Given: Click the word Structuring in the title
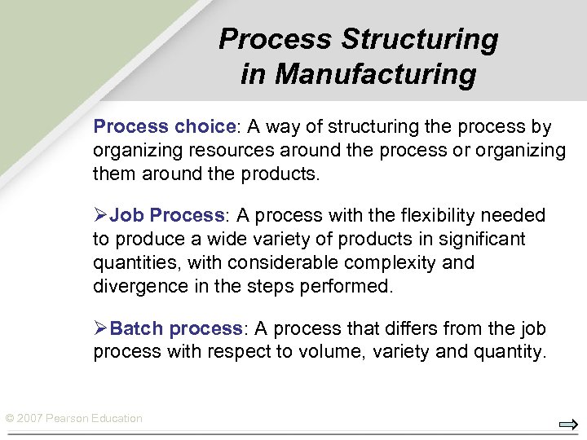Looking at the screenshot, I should [420, 39].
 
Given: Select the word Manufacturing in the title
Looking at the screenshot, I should [376, 75].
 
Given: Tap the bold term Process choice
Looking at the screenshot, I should [164, 127].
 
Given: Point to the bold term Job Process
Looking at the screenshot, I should [166, 215].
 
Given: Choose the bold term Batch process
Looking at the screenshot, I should [175, 328].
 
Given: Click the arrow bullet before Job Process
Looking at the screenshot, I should [100, 215].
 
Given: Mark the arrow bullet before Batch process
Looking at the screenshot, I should [100, 328].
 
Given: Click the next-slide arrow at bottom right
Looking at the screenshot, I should [568, 424].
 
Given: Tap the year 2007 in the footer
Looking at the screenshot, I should [29, 419].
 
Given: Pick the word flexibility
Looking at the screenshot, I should [438, 215].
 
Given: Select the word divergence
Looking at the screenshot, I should [135, 287].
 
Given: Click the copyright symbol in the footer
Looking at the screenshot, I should [9, 419].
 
